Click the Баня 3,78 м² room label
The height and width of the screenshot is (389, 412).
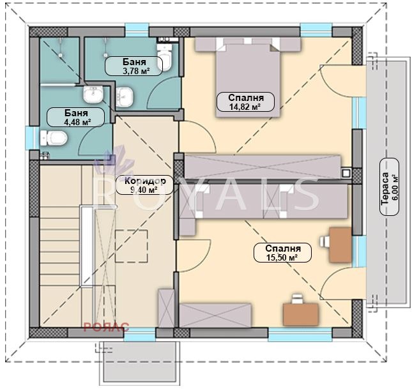tap(134, 66)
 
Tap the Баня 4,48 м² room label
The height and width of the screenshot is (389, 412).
tap(75, 117)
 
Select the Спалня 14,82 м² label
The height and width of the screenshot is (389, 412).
tap(245, 102)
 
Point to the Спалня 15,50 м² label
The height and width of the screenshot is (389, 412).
tap(282, 252)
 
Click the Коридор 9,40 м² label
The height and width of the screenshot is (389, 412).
tap(145, 185)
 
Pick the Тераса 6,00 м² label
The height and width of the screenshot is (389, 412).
tap(390, 187)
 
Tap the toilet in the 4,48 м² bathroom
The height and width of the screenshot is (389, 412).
tap(54, 138)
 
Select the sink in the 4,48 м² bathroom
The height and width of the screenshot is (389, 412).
tap(93, 94)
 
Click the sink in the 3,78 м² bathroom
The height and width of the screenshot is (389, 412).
tap(124, 96)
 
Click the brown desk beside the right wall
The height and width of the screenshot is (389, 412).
tap(340, 245)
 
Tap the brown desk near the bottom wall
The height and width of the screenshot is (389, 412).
tap(301, 314)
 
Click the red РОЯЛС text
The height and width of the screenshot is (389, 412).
tap(106, 328)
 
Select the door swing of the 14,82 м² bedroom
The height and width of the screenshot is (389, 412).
tap(198, 137)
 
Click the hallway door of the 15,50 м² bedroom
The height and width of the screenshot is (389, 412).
tap(194, 256)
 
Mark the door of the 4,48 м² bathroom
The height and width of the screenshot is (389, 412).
tap(96, 141)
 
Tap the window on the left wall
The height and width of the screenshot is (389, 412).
tap(33, 138)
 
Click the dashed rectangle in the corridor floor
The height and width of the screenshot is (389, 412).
tap(132, 247)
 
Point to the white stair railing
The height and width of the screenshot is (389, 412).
tap(87, 247)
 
